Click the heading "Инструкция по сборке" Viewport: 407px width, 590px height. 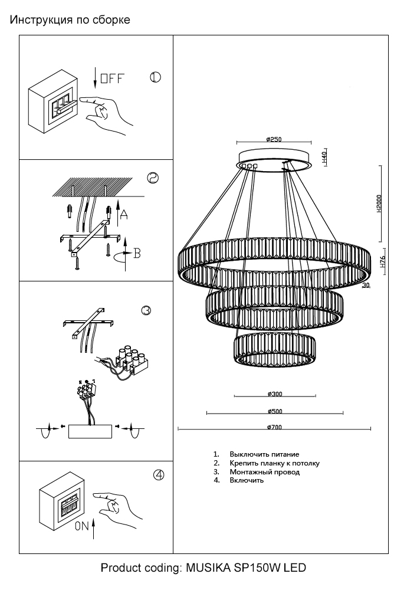tap(70, 20)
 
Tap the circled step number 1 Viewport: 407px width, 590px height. tap(155, 77)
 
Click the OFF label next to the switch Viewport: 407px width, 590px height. tap(112, 79)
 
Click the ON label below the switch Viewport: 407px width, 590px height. tap(82, 527)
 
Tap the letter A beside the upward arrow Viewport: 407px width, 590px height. tap(124, 216)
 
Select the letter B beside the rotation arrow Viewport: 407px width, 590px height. tap(136, 254)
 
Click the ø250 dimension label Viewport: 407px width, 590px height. tap(273, 140)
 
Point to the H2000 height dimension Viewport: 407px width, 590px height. tap(380, 204)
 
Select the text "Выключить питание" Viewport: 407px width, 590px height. tap(264, 454)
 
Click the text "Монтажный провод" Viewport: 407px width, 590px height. tap(264, 472)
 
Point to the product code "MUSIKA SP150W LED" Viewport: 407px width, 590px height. tap(246, 568)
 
